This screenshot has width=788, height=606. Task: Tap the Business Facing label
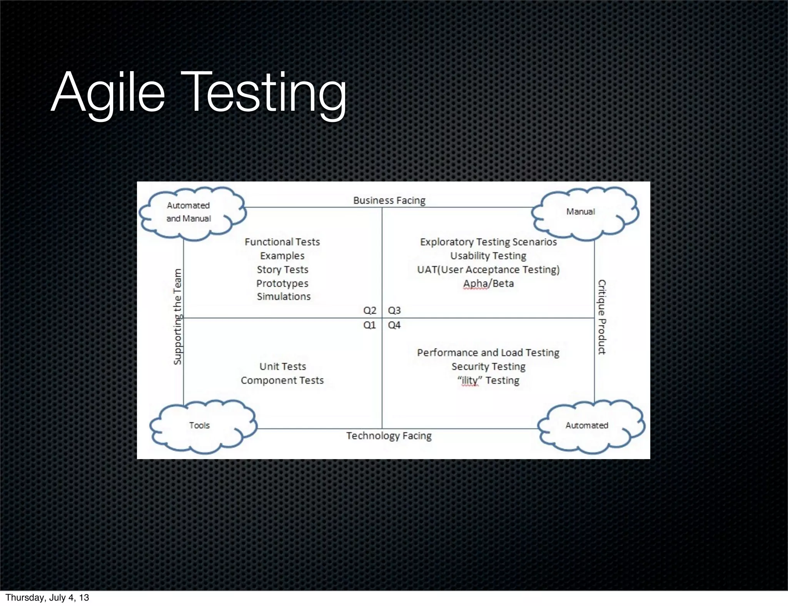(x=389, y=200)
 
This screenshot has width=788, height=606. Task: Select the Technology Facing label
(x=389, y=436)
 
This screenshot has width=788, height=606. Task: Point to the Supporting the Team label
(x=177, y=316)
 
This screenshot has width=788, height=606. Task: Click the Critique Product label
(x=601, y=317)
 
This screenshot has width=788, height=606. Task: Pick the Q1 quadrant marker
(x=369, y=325)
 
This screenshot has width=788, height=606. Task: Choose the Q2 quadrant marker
(x=369, y=310)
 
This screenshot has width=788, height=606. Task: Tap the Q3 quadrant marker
(x=394, y=310)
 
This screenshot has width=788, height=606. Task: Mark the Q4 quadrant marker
(x=394, y=325)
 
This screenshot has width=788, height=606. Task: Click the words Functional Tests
(x=282, y=242)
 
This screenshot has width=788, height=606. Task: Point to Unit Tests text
(x=282, y=366)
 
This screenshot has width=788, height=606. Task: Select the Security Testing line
(x=488, y=366)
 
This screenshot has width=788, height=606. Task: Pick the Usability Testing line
(x=488, y=256)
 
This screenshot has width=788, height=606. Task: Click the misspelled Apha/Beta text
(x=488, y=283)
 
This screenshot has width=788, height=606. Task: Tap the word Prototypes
(x=282, y=283)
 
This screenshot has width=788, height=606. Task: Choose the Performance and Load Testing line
(x=488, y=353)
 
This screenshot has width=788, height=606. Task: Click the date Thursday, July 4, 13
(x=47, y=598)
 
